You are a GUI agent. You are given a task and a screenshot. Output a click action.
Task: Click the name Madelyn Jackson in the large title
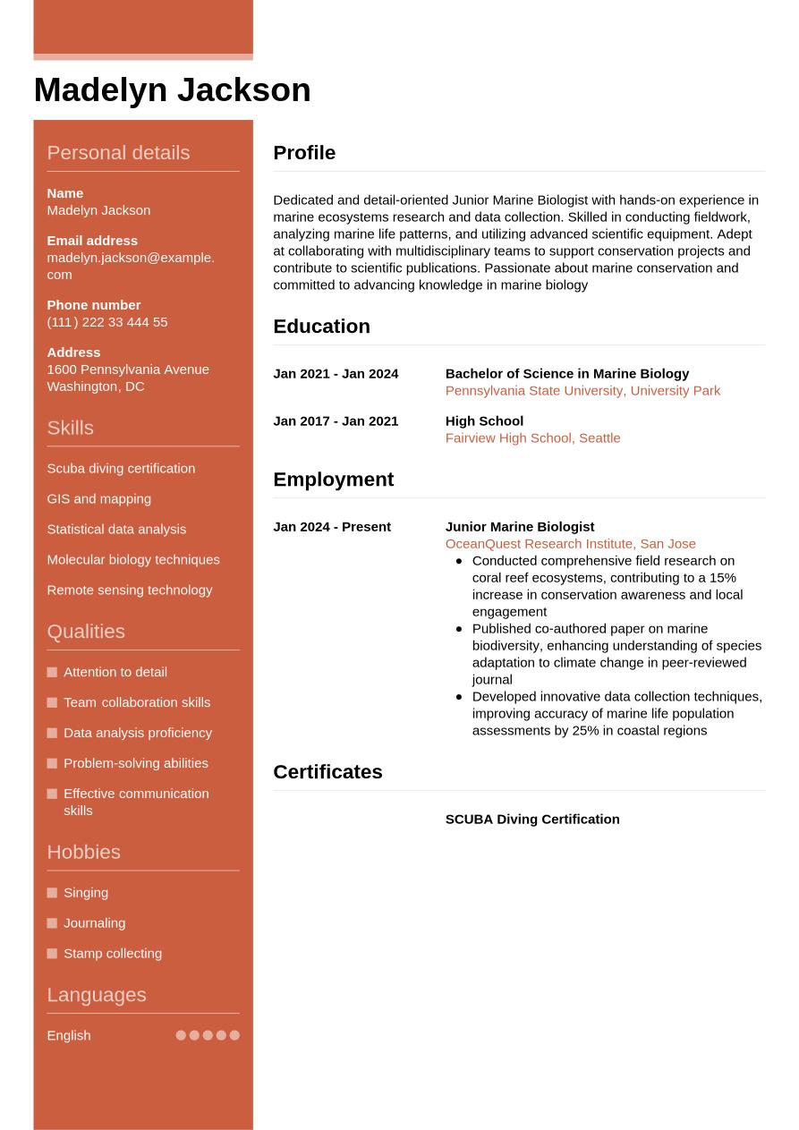click(x=172, y=90)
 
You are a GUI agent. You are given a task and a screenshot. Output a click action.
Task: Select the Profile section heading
click(x=304, y=153)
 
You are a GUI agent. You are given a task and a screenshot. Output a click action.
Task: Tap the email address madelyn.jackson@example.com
click(x=131, y=266)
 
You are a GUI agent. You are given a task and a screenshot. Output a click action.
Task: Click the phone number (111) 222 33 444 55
click(x=107, y=322)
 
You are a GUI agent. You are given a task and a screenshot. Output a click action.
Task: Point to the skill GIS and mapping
click(x=98, y=499)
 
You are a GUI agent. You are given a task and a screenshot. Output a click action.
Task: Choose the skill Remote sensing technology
click(x=130, y=590)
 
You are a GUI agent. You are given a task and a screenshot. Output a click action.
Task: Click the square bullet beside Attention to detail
click(x=52, y=672)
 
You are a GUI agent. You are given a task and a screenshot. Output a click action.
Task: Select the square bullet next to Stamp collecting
click(x=52, y=954)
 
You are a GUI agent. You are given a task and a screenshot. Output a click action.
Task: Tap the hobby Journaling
click(x=94, y=923)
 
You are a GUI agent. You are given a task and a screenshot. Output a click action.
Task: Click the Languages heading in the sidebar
click(x=96, y=995)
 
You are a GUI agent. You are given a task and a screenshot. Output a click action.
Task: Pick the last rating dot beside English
click(x=234, y=1035)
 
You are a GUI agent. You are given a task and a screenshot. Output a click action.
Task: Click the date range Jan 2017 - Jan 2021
click(x=336, y=421)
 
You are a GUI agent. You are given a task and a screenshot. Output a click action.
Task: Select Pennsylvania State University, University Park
click(x=582, y=391)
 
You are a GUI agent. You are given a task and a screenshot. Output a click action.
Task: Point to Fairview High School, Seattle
click(x=532, y=438)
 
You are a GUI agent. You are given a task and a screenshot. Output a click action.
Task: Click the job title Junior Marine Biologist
click(x=520, y=527)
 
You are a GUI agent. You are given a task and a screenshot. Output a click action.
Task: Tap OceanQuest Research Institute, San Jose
click(x=570, y=544)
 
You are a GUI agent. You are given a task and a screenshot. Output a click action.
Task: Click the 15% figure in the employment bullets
click(x=722, y=578)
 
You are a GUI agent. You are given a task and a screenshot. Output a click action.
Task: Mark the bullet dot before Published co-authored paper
click(x=459, y=629)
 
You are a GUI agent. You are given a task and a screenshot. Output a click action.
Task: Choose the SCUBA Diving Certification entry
click(x=532, y=820)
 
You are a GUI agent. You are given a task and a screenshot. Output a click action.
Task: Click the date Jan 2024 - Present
click(x=332, y=527)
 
